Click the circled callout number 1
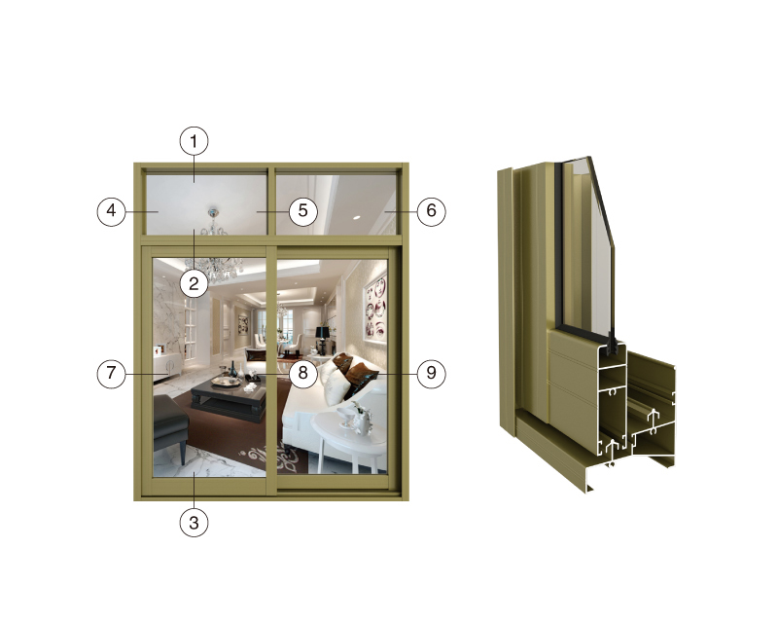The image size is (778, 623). coord(194,141)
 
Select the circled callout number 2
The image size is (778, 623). coord(194,283)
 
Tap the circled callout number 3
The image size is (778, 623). coord(194,522)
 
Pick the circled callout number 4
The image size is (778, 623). coord(111,211)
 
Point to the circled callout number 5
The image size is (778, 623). coord(302,211)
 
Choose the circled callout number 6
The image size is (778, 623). coord(431,211)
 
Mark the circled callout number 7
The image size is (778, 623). coord(111,373)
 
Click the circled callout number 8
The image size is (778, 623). coord(302,373)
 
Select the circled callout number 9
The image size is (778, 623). coord(431,373)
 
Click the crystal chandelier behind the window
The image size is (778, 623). coord(214,263)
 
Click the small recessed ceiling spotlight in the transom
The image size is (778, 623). coord(356,218)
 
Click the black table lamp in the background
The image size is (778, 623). coord(323,339)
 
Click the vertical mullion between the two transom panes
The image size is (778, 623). coord(271,202)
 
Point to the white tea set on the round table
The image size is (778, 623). coord(355,419)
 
